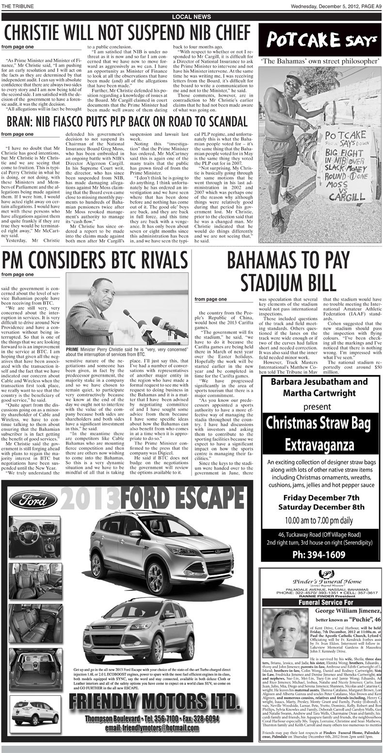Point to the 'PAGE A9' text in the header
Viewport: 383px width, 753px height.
(368, 6)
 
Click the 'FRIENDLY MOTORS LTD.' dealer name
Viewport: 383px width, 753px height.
(153, 702)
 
